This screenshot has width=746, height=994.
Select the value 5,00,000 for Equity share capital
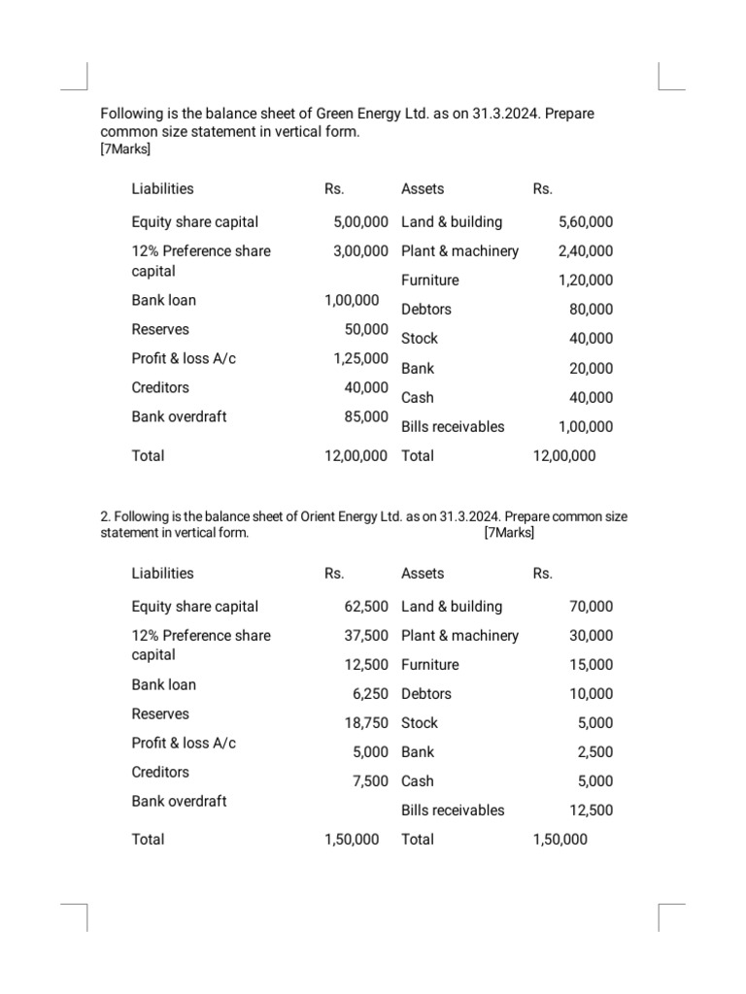tap(360, 221)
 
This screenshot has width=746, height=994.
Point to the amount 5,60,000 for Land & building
tap(586, 221)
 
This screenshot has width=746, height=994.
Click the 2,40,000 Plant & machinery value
tap(586, 250)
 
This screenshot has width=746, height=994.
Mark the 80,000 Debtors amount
tap(591, 310)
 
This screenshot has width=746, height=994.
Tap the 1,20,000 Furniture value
tap(586, 280)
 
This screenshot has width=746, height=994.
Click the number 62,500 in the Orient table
tap(366, 606)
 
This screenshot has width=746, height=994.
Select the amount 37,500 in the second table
tap(366, 635)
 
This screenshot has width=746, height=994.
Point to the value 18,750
tap(366, 722)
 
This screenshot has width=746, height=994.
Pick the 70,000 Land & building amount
tap(591, 606)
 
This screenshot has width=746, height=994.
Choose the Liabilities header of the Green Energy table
tap(162, 188)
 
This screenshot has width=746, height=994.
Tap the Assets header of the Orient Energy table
tap(423, 573)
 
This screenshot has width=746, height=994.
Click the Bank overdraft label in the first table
tap(179, 416)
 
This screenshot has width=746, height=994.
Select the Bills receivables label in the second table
tap(453, 810)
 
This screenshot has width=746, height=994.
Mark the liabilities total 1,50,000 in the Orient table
tap(352, 839)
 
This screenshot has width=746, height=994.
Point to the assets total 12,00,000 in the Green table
tap(565, 455)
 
